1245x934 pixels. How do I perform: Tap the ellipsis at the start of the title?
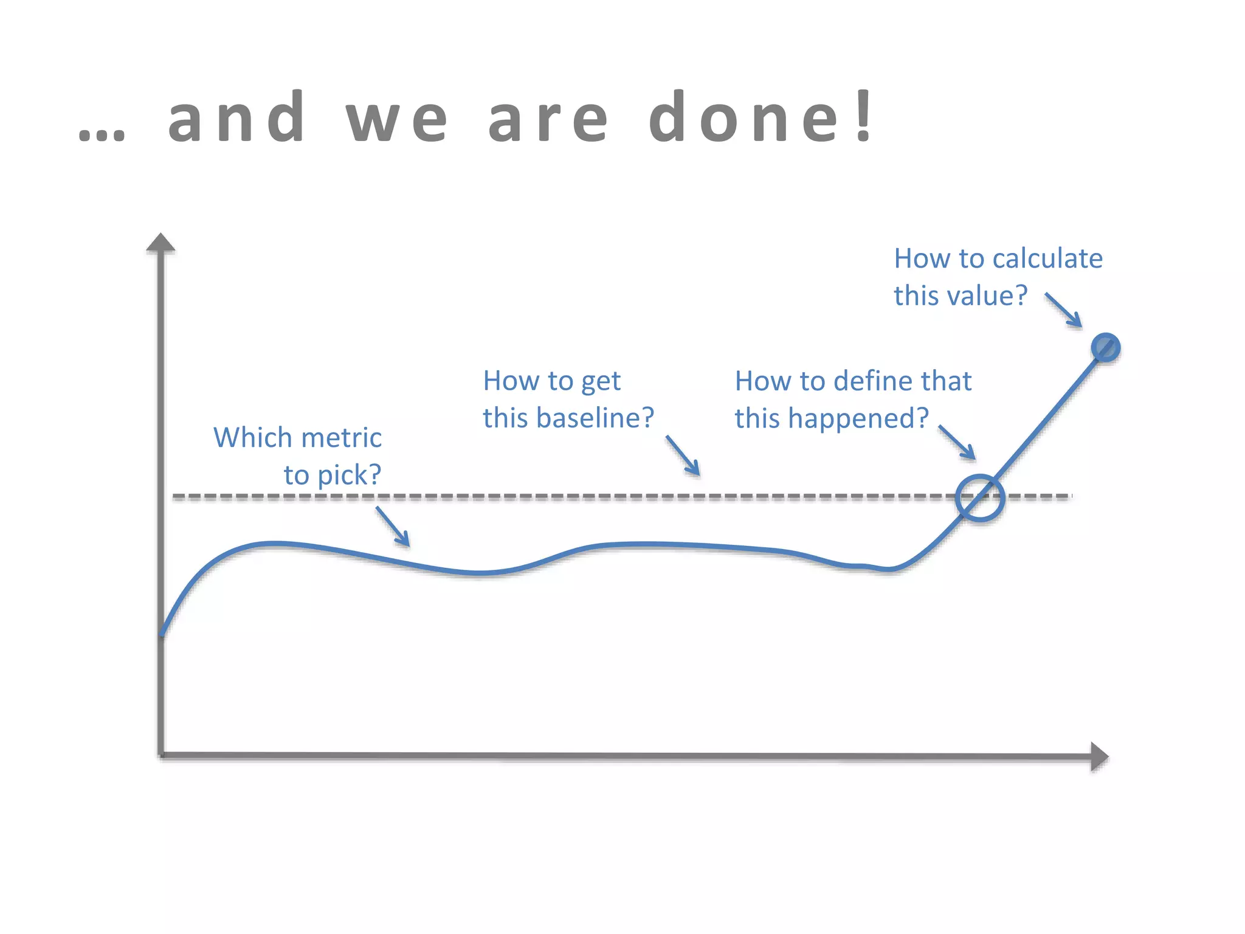102,134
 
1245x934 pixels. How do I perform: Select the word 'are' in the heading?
548,119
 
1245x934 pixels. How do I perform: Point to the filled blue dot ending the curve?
1105,348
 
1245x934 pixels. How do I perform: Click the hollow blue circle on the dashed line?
979,498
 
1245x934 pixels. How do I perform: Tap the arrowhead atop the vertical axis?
161,243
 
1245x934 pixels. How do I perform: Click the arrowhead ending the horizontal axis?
1098,756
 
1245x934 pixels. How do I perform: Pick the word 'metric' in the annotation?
341,438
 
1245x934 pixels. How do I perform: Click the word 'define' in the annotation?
873,381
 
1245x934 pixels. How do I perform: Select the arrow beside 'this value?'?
1064,310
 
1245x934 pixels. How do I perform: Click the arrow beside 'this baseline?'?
683,455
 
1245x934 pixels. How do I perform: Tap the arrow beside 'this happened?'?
957,442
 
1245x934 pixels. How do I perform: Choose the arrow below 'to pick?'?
393,527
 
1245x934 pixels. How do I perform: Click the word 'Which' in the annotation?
252,438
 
